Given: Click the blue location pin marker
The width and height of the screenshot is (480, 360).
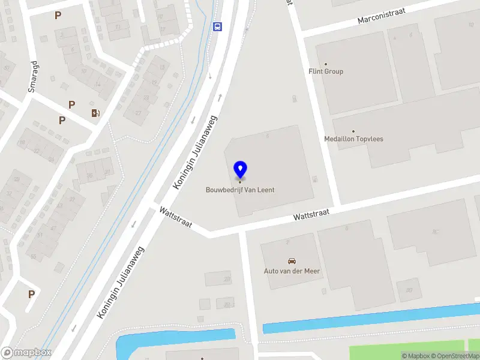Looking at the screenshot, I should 240,170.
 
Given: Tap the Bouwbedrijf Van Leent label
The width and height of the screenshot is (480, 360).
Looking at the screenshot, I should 240,190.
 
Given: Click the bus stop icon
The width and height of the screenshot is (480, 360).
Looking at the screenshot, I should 217,26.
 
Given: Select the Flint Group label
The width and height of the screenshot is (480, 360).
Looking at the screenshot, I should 326,71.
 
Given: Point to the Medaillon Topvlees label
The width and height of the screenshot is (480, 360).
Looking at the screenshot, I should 353,139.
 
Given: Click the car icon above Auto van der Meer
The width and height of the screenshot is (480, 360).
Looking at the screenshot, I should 292,261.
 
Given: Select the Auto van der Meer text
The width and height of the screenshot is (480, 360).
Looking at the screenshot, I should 292,271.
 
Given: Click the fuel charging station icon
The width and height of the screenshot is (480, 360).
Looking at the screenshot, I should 95,113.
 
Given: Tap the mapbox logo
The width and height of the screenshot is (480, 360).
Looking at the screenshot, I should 26,353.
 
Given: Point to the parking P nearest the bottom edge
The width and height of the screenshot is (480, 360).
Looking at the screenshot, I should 31,294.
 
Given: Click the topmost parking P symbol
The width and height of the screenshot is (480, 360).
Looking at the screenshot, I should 58,16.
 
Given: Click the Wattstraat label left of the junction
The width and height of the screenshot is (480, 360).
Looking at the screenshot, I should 175,217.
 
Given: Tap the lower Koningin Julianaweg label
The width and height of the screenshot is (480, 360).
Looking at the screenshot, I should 122,283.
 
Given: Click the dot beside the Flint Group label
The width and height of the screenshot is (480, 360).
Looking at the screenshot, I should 326,64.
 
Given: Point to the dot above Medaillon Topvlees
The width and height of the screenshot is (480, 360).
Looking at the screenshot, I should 353,131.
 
